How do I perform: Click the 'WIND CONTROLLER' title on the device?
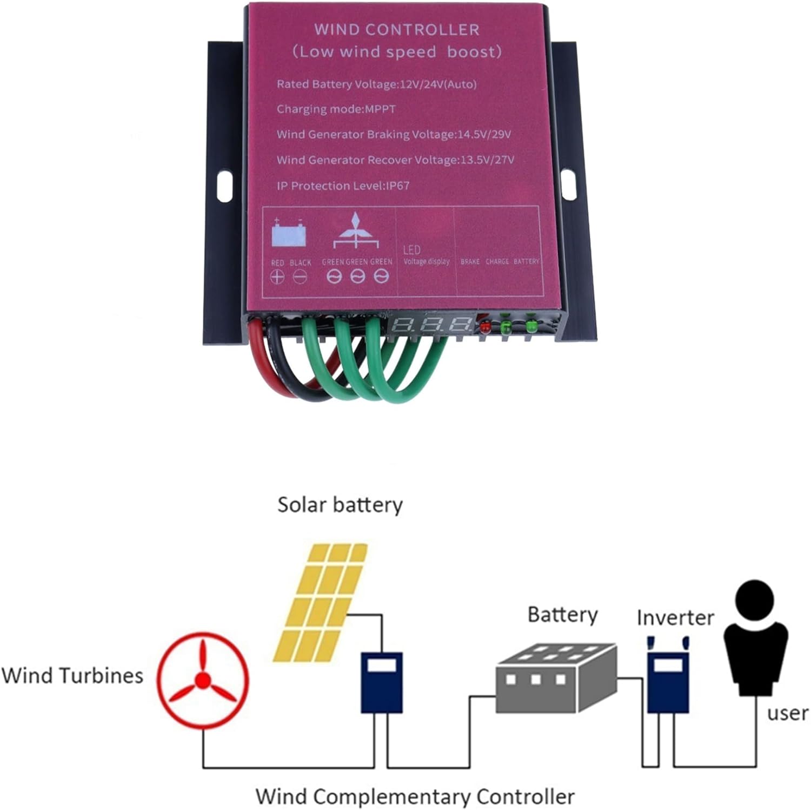coord(396,29)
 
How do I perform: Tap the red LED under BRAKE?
coord(484,326)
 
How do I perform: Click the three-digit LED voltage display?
coord(431,325)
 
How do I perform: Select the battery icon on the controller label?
coord(289,234)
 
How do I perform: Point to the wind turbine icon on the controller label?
coord(355,231)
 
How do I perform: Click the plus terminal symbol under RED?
coord(277,277)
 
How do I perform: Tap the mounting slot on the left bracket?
coord(224,186)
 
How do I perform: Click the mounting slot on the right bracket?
coord(568,184)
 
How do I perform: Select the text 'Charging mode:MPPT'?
coord(336,109)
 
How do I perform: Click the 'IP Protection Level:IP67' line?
coord(343,186)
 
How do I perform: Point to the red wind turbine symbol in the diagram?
coord(203,680)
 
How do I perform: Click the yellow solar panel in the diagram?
coord(320,602)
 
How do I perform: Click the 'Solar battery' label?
coord(340,505)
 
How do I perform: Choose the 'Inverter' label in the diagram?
coord(675,617)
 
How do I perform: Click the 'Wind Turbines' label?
coord(72,675)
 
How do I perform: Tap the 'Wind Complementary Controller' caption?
coord(414,796)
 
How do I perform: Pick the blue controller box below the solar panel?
coord(381,682)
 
